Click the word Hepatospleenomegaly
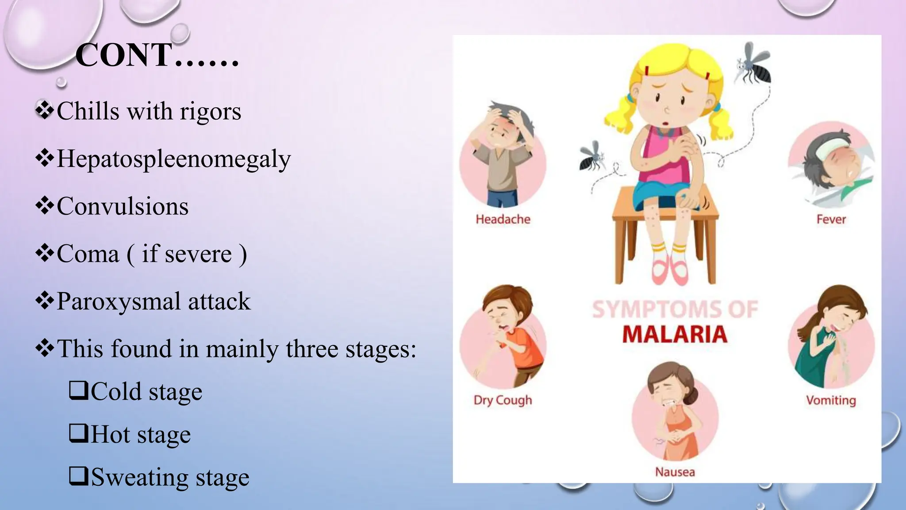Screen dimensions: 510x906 coord(173,158)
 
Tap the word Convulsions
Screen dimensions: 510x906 coord(123,206)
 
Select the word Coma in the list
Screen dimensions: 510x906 coord(88,254)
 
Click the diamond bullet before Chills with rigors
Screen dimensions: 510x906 coord(44,110)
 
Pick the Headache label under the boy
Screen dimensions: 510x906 coord(503,219)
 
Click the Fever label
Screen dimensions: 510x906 coord(831,219)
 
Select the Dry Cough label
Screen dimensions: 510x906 coord(503,400)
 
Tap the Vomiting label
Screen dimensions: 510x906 coord(831,400)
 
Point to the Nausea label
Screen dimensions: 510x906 coord(675,472)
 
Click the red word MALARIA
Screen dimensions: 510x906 coord(675,334)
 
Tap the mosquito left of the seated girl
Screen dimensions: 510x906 coord(591,157)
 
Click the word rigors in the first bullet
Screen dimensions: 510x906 coord(210,111)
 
